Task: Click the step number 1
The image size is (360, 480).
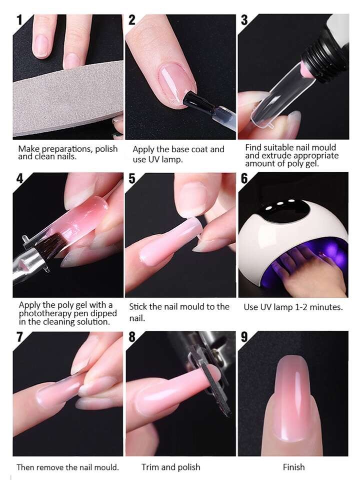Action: [19, 20]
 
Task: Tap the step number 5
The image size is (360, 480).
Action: [132, 179]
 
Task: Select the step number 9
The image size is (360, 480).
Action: [244, 337]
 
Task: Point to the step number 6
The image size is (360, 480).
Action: [244, 179]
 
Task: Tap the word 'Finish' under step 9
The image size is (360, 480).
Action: [293, 467]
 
